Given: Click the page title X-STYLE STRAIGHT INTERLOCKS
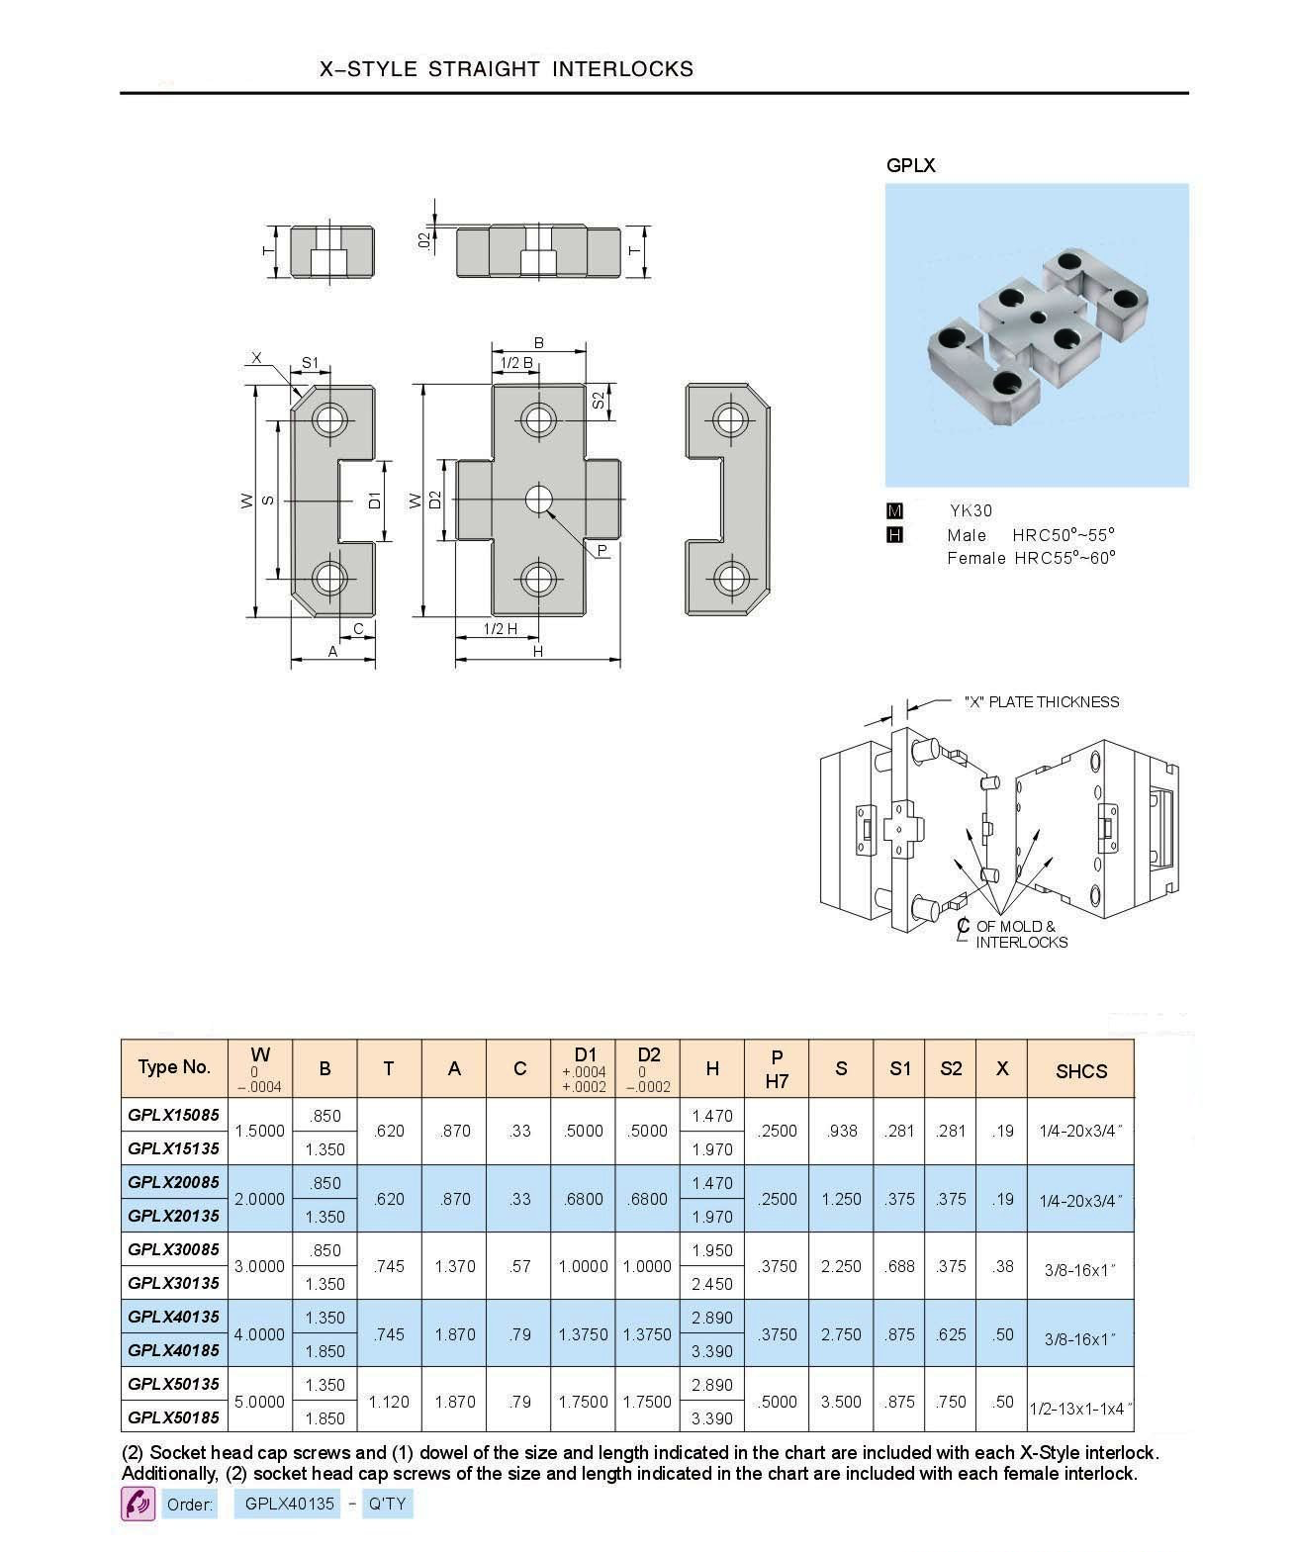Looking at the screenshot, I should (507, 69).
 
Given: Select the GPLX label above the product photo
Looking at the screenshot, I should (910, 165).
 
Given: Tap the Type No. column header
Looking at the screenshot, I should (174, 1066).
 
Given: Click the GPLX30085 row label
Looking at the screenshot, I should (174, 1249).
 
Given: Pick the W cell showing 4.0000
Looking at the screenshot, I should (259, 1334).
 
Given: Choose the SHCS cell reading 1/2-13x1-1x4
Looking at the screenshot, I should (1080, 1409).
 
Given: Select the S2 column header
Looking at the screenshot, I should (951, 1068).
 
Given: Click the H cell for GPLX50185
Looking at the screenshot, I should (712, 1418).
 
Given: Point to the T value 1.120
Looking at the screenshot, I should (389, 1402).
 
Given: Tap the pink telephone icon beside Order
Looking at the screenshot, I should (138, 1505).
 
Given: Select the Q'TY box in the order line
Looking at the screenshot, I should (388, 1504).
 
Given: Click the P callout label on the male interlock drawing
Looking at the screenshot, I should (602, 550).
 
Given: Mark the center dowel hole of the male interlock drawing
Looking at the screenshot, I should (538, 500).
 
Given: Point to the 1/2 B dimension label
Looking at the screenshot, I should (516, 363).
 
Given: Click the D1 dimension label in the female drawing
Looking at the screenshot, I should (376, 500).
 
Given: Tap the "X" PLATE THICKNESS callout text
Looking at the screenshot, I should (1041, 701).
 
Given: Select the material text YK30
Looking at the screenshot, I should (971, 510).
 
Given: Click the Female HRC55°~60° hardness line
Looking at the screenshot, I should (1031, 558).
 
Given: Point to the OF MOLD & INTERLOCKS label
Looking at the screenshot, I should (1019, 934).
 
